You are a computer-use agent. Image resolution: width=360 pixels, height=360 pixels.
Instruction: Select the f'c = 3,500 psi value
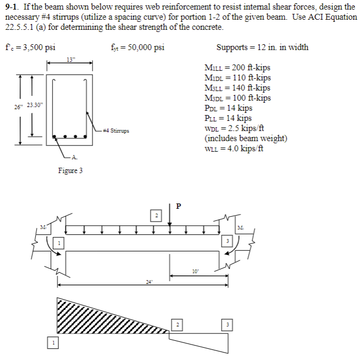coord(30,47)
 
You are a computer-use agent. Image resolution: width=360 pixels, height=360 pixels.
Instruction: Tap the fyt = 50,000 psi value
coord(137,47)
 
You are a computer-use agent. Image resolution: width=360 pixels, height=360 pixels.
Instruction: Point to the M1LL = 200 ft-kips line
coord(238,68)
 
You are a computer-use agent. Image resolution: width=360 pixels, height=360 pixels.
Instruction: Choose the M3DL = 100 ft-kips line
coord(238,98)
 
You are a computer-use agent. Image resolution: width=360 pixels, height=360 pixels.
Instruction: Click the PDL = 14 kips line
coord(228,108)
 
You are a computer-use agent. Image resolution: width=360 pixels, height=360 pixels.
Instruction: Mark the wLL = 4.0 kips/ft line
coord(234,148)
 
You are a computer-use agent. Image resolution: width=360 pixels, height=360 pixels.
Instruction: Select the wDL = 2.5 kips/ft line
coord(234,128)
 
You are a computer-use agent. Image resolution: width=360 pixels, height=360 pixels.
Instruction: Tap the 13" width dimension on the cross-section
coord(70,59)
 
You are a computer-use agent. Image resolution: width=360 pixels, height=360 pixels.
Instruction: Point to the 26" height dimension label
coord(19,105)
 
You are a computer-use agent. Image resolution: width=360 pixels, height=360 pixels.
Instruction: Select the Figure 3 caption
coord(70,170)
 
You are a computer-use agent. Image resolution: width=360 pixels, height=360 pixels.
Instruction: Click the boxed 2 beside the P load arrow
coord(157,216)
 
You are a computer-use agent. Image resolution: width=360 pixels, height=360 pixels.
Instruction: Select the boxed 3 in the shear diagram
coord(228,325)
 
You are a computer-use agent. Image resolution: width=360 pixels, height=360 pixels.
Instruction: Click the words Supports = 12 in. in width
coord(262,47)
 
